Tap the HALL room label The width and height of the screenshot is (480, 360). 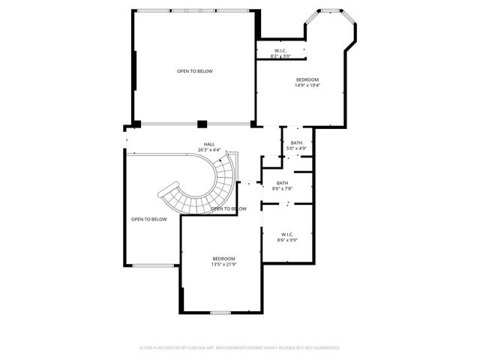pos(209,144)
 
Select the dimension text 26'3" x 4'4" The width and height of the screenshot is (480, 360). pos(209,150)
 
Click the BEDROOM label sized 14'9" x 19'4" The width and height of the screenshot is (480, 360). pos(307,79)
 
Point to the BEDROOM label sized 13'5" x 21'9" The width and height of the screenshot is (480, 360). pos(223,259)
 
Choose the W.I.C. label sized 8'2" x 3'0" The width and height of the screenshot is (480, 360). pos(280,51)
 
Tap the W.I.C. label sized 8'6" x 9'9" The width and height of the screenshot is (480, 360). pos(288,235)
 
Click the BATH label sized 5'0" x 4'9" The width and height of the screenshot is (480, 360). pos(297,143)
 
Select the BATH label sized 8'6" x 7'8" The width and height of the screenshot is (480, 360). pos(282,183)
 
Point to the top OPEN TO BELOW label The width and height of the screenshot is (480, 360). pos(195,71)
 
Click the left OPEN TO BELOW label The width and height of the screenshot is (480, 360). pos(148,219)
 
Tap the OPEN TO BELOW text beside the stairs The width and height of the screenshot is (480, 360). pos(229,208)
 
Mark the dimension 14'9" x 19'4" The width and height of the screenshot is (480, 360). pos(307,85)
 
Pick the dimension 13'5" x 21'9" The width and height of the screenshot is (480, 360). pos(223,264)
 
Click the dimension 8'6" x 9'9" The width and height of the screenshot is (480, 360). pos(288,240)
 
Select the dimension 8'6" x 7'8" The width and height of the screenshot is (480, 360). pos(282,188)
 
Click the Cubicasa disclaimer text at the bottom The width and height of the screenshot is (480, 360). pos(240,348)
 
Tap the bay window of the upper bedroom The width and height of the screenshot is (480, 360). pos(328,10)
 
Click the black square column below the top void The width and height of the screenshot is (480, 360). pos(202,124)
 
